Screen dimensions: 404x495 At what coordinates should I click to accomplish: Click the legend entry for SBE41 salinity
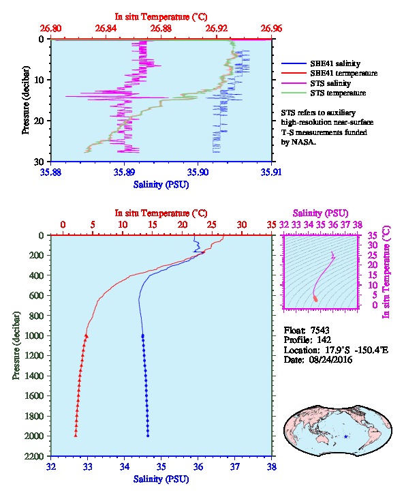(x=335, y=63)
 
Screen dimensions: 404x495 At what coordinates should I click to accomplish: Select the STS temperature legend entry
(x=338, y=93)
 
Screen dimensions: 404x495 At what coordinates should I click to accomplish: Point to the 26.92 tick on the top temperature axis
(x=216, y=29)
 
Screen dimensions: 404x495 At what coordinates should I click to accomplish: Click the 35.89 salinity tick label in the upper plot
(x=124, y=172)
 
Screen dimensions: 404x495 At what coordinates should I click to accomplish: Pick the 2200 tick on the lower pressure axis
(x=35, y=456)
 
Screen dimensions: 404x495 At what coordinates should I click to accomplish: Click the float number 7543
(x=320, y=330)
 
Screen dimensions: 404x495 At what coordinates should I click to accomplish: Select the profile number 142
(x=324, y=340)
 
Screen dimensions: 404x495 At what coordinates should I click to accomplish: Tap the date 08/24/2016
(x=330, y=359)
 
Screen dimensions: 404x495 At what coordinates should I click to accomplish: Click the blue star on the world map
(x=345, y=436)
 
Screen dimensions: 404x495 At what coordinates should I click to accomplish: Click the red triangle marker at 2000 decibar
(x=76, y=436)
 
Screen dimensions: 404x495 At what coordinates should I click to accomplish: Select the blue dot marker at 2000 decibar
(x=148, y=436)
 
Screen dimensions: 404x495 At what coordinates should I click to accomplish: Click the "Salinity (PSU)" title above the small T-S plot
(x=320, y=213)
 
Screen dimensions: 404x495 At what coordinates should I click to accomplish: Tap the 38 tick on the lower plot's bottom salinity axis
(x=271, y=466)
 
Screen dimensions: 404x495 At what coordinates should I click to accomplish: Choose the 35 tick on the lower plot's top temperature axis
(x=271, y=225)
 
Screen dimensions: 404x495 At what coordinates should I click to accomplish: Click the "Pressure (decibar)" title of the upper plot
(x=26, y=100)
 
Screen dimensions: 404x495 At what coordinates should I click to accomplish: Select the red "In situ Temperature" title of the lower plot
(x=161, y=213)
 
